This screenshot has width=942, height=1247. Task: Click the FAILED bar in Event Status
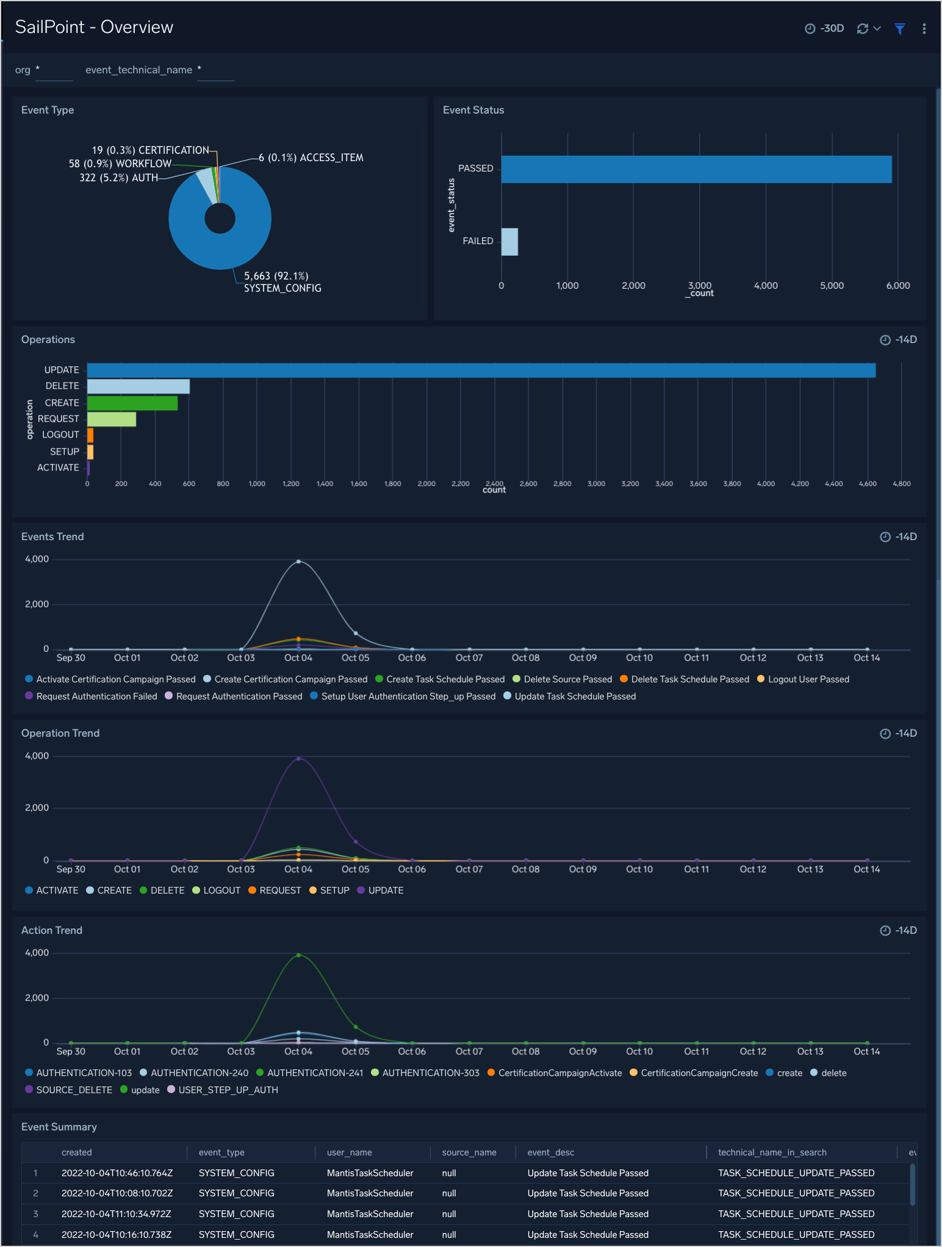(509, 242)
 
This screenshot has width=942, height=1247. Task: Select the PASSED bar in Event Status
(696, 169)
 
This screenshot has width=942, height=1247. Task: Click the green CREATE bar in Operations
(132, 403)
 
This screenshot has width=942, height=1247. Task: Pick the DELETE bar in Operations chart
(138, 386)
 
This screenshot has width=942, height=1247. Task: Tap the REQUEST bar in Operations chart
(111, 419)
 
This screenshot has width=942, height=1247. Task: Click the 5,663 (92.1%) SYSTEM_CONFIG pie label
(282, 282)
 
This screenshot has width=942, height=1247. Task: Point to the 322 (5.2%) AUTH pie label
(118, 178)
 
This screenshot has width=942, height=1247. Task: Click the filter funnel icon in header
(899, 29)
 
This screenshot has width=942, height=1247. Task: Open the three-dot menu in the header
(924, 29)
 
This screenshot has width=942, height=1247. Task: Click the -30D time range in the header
(825, 29)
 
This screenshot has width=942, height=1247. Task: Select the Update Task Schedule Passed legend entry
(575, 696)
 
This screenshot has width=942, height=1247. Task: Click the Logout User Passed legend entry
(808, 679)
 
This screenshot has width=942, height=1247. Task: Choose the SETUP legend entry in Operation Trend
(334, 891)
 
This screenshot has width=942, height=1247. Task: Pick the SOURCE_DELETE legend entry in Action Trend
(74, 1090)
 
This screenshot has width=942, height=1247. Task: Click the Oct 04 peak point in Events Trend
(298, 561)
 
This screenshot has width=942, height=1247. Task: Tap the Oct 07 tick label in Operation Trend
(469, 869)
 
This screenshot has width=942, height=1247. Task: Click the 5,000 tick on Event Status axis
(832, 286)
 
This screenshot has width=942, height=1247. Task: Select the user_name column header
(349, 1152)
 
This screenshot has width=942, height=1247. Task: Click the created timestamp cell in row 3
(116, 1214)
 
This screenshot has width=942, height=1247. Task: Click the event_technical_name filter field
(216, 71)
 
